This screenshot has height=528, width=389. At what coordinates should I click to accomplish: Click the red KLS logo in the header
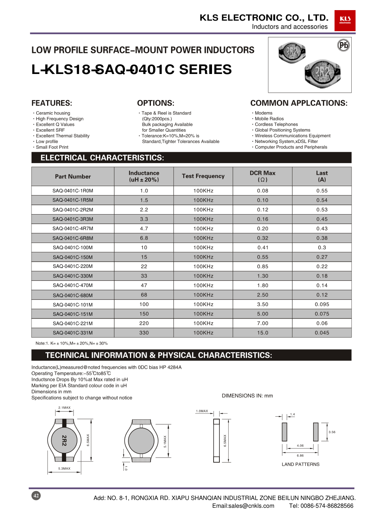point(345,20)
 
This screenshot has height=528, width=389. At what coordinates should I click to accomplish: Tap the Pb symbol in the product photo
point(343,45)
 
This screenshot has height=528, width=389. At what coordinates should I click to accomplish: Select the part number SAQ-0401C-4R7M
point(73,229)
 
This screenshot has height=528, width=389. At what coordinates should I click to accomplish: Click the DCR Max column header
point(263,176)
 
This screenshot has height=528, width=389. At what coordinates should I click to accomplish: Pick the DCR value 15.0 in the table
point(263,333)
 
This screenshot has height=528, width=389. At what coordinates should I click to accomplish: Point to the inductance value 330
point(144,333)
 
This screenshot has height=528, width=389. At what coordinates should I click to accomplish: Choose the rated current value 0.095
point(322,304)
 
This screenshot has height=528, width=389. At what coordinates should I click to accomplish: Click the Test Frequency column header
point(203,176)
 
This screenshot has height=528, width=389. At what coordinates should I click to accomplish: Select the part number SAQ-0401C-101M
point(73,305)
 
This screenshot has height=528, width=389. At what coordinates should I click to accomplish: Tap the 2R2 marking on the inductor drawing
point(64,440)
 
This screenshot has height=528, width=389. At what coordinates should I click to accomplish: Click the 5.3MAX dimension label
point(64,468)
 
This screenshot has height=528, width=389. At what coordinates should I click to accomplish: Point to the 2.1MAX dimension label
point(64,408)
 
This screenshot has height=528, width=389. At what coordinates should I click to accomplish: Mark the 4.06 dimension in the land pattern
point(300,445)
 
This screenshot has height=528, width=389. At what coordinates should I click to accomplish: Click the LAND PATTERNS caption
point(300,465)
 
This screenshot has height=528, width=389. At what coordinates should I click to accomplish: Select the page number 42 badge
point(36,496)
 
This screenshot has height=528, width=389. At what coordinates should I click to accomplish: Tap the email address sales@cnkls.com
point(243,506)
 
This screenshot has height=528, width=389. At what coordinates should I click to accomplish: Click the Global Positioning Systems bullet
point(282,130)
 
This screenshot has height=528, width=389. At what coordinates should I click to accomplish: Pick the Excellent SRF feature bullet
point(50,130)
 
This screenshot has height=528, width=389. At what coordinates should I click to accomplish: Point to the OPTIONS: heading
point(156,103)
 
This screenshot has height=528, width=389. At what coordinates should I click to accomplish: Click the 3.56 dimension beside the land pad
point(332,432)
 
